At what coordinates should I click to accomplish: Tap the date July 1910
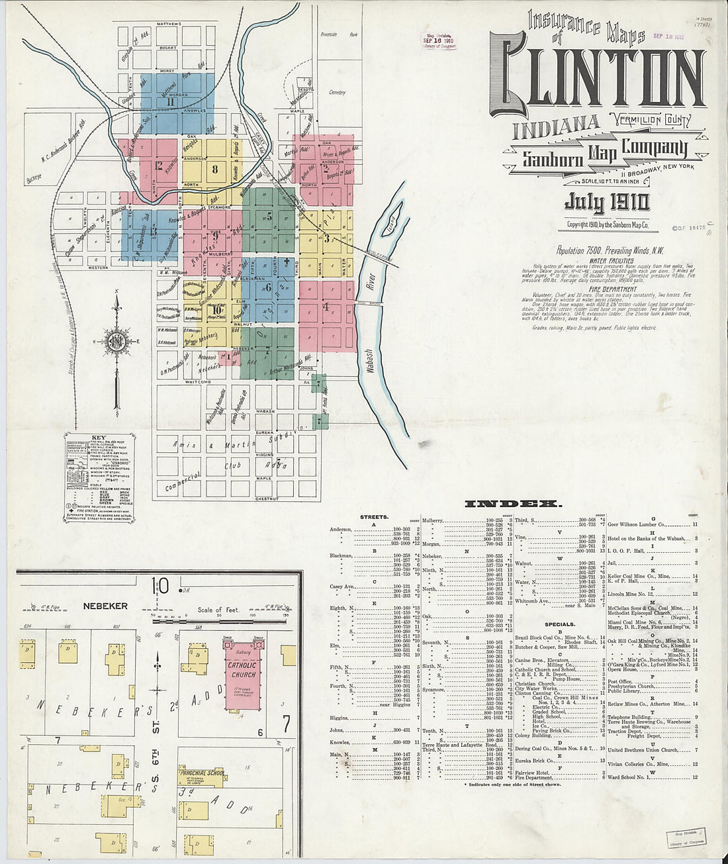click(x=606, y=202)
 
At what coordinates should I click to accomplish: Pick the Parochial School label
click(x=202, y=773)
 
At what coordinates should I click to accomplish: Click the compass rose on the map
click(x=117, y=342)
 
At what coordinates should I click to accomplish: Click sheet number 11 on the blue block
click(x=170, y=101)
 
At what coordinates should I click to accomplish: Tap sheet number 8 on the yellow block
click(x=214, y=168)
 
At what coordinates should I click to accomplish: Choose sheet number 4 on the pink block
click(x=326, y=307)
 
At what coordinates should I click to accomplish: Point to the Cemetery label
click(x=338, y=93)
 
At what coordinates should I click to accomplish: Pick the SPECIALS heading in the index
click(x=559, y=624)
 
